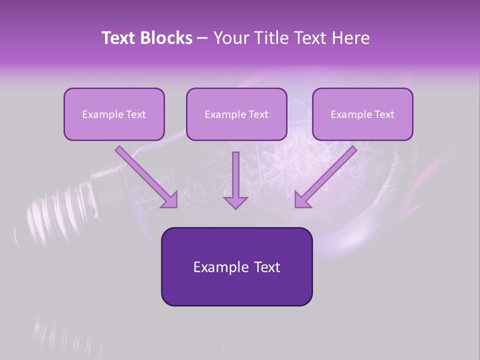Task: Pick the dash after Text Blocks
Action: tap(202, 38)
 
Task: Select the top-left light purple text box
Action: tap(114, 114)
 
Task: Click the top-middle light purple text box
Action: tap(236, 114)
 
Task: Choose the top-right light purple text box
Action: tap(362, 114)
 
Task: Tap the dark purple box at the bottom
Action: tap(236, 266)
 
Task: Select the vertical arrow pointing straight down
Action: tap(235, 180)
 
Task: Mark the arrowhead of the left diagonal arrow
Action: tap(170, 200)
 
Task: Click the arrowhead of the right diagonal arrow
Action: tap(302, 200)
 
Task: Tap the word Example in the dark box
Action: tap(220, 267)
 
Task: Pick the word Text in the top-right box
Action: tap(384, 114)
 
